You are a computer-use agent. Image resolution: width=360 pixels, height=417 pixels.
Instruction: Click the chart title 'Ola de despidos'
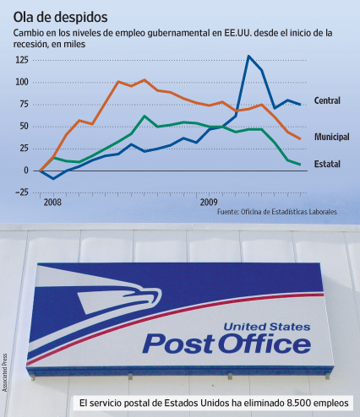60,18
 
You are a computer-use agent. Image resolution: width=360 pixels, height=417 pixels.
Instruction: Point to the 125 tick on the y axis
22,60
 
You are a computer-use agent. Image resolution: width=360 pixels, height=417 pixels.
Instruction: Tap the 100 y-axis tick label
22,82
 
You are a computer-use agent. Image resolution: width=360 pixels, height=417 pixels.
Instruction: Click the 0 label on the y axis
26,171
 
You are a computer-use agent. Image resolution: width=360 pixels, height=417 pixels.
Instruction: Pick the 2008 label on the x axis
52,203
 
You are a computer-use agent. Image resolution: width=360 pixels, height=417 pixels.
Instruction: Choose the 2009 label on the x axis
209,203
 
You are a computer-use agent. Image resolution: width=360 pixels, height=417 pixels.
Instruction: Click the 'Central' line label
327,100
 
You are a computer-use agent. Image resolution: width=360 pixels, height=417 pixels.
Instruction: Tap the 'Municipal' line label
332,137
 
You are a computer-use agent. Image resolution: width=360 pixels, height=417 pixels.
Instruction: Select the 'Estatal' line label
327,164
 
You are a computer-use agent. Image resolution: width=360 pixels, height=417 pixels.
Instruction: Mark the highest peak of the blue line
248,56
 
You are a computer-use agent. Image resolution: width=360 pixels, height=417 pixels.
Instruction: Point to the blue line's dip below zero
53,178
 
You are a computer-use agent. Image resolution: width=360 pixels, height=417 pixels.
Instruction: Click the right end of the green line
300,165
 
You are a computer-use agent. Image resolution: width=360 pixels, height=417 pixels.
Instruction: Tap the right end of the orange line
300,138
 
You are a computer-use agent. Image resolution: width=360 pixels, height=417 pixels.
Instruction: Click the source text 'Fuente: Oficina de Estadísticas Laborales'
277,212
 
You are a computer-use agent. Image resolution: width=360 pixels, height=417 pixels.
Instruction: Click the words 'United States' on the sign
267,327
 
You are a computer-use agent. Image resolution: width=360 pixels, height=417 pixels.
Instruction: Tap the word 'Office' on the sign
265,344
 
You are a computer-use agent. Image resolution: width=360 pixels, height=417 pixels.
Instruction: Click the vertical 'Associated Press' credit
4,372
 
